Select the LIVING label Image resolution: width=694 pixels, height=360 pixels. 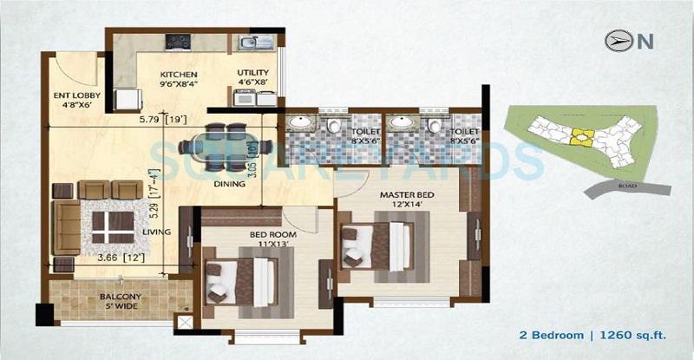(156, 232)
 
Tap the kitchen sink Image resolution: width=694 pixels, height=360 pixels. (252, 42)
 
